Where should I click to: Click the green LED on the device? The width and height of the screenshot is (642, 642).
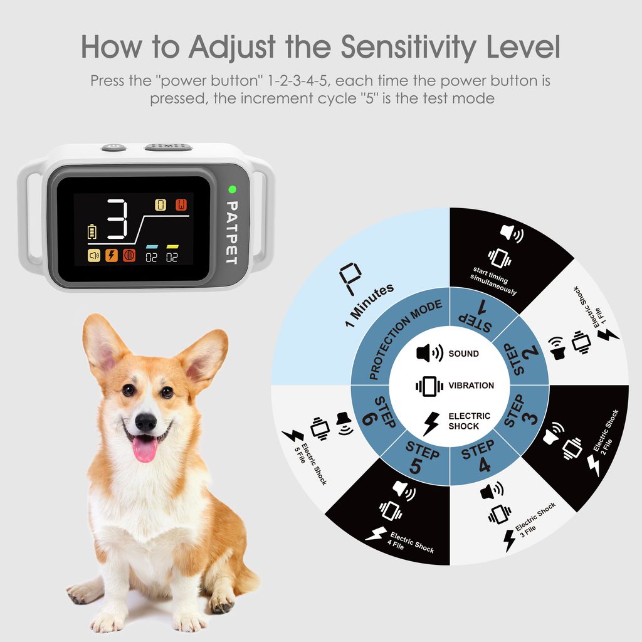232,189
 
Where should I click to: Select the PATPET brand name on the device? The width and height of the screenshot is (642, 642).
232,233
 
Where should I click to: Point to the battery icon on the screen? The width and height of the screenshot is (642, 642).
92,231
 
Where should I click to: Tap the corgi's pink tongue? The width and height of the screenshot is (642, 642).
145,448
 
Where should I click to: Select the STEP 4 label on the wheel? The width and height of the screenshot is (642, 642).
479,457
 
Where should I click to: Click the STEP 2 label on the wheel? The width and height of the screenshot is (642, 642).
525,359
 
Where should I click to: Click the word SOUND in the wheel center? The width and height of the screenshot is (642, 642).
463,354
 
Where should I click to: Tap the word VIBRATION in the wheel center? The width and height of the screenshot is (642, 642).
471,386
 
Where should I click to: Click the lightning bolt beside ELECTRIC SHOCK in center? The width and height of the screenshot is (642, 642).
431,423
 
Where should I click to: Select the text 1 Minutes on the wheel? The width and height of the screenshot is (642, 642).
369,305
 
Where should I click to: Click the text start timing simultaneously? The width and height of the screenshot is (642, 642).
493,281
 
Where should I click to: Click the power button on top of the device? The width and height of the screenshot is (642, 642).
114,147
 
